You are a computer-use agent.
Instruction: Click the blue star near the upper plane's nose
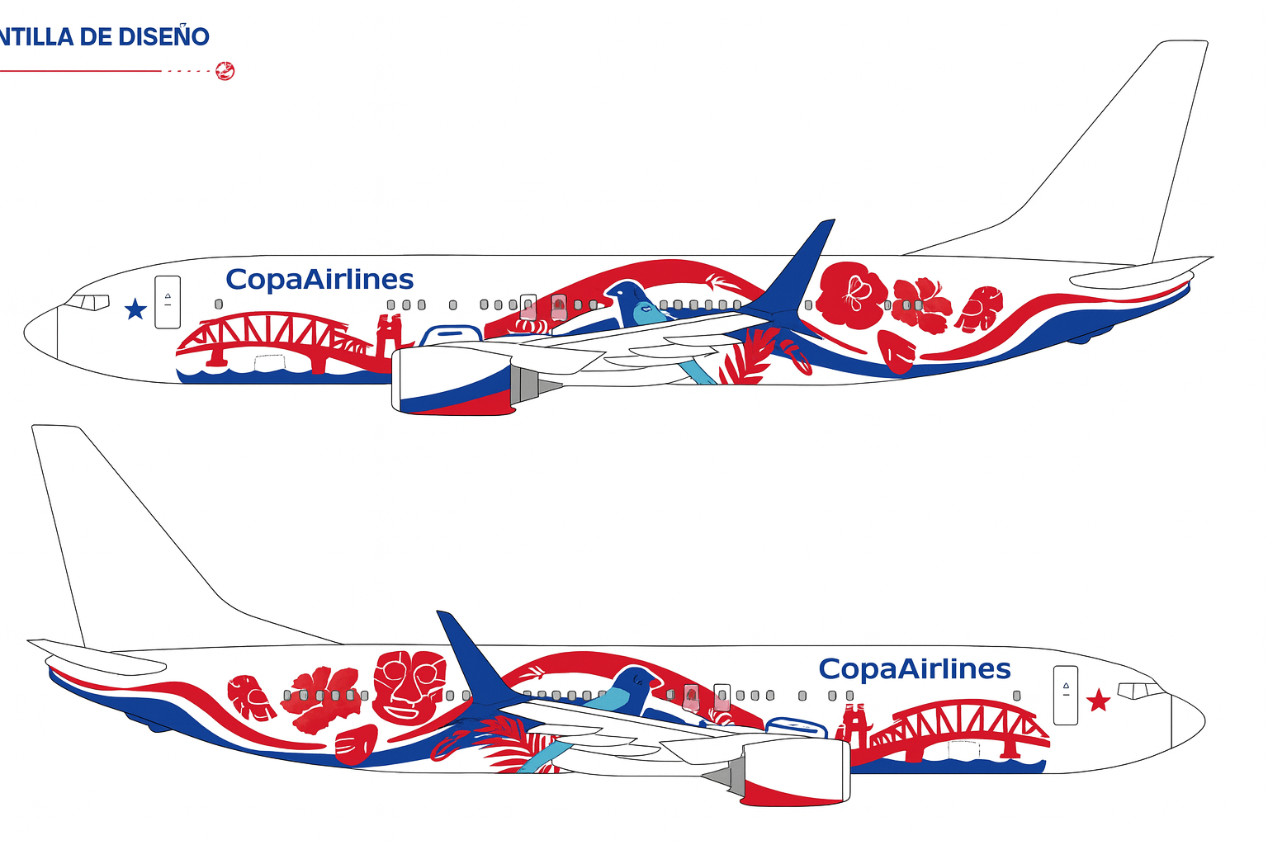[x=135, y=309]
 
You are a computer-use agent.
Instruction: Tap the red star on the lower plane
[x=1098, y=701]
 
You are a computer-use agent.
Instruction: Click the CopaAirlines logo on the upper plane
[x=319, y=280]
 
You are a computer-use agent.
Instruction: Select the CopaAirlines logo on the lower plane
[x=915, y=668]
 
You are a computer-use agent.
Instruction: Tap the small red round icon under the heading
[x=225, y=71]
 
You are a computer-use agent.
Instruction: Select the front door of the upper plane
[x=168, y=301]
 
